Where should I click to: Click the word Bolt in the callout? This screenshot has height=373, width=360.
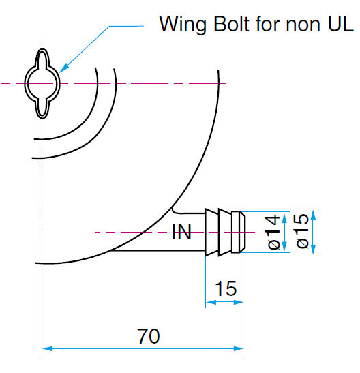[x=231, y=24]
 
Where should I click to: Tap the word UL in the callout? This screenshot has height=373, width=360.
[x=341, y=24]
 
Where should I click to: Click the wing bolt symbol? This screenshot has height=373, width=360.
[x=42, y=83]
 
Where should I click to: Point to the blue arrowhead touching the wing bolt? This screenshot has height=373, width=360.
[x=63, y=68]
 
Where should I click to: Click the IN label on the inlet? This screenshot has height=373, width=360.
[x=181, y=232]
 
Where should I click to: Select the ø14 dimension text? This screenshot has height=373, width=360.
[x=273, y=232]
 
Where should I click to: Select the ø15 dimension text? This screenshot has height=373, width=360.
[x=303, y=230]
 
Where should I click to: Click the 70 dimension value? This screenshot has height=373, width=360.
[x=149, y=336]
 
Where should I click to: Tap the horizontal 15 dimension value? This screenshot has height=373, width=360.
[x=226, y=288]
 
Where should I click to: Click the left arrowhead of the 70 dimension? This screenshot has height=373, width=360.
[x=47, y=348]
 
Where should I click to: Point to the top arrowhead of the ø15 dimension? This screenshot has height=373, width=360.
[x=313, y=214]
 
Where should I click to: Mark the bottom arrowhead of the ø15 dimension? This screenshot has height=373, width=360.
[x=313, y=250]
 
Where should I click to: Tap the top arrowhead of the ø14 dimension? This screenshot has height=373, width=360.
[x=284, y=217]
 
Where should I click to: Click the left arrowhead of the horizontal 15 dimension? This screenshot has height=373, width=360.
[x=211, y=302]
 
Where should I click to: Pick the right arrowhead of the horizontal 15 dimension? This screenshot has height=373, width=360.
[x=239, y=302]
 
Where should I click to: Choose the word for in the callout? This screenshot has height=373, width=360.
[x=267, y=24]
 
